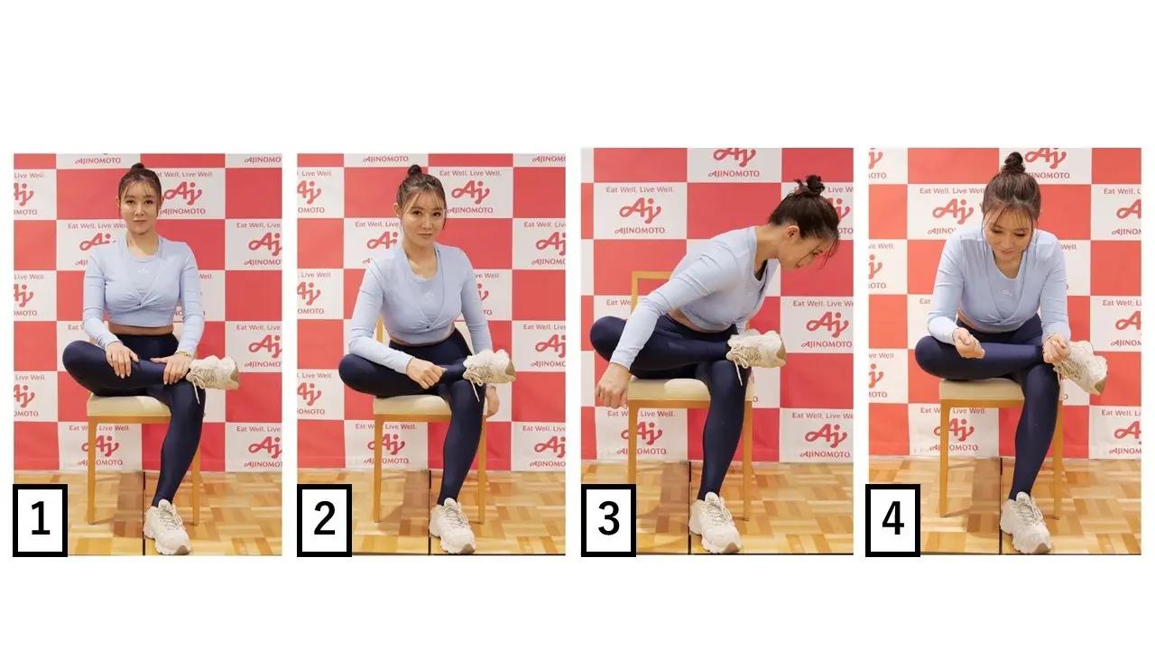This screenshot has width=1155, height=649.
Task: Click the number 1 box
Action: [40, 520]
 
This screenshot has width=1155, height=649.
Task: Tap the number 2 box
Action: [324, 520]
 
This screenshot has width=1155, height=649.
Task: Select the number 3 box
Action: [608, 520]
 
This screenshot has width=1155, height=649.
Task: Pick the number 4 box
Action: [892, 520]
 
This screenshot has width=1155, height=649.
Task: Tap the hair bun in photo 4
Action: [1013, 163]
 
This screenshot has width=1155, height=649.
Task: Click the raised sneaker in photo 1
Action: [214, 371]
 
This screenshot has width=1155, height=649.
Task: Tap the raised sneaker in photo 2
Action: [489, 367]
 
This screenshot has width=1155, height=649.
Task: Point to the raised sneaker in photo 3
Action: [756, 348]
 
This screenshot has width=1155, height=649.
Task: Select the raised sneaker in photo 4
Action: [1082, 366]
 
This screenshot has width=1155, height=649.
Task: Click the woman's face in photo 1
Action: [139, 206]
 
